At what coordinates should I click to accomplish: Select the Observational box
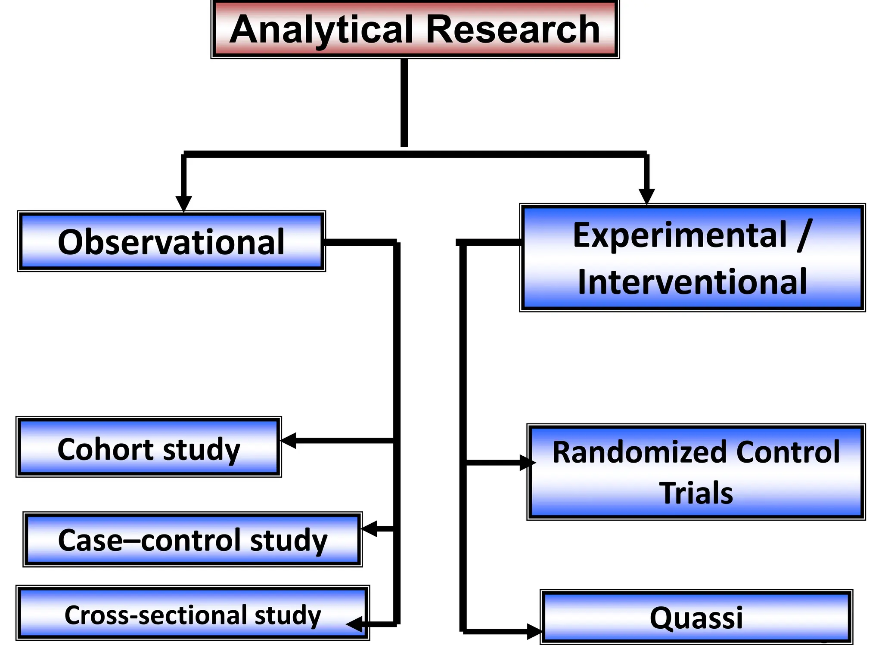[171, 241]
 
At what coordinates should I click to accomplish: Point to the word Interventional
[692, 282]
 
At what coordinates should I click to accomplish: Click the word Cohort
[105, 449]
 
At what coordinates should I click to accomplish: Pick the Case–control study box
[193, 540]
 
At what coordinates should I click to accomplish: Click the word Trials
[696, 493]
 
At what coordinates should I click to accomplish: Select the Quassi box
[696, 617]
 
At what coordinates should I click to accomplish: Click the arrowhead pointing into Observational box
[184, 204]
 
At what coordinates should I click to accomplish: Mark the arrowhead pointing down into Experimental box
[646, 196]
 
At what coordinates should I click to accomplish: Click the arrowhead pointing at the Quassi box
[534, 632]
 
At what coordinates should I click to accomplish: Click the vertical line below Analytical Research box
[404, 103]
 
